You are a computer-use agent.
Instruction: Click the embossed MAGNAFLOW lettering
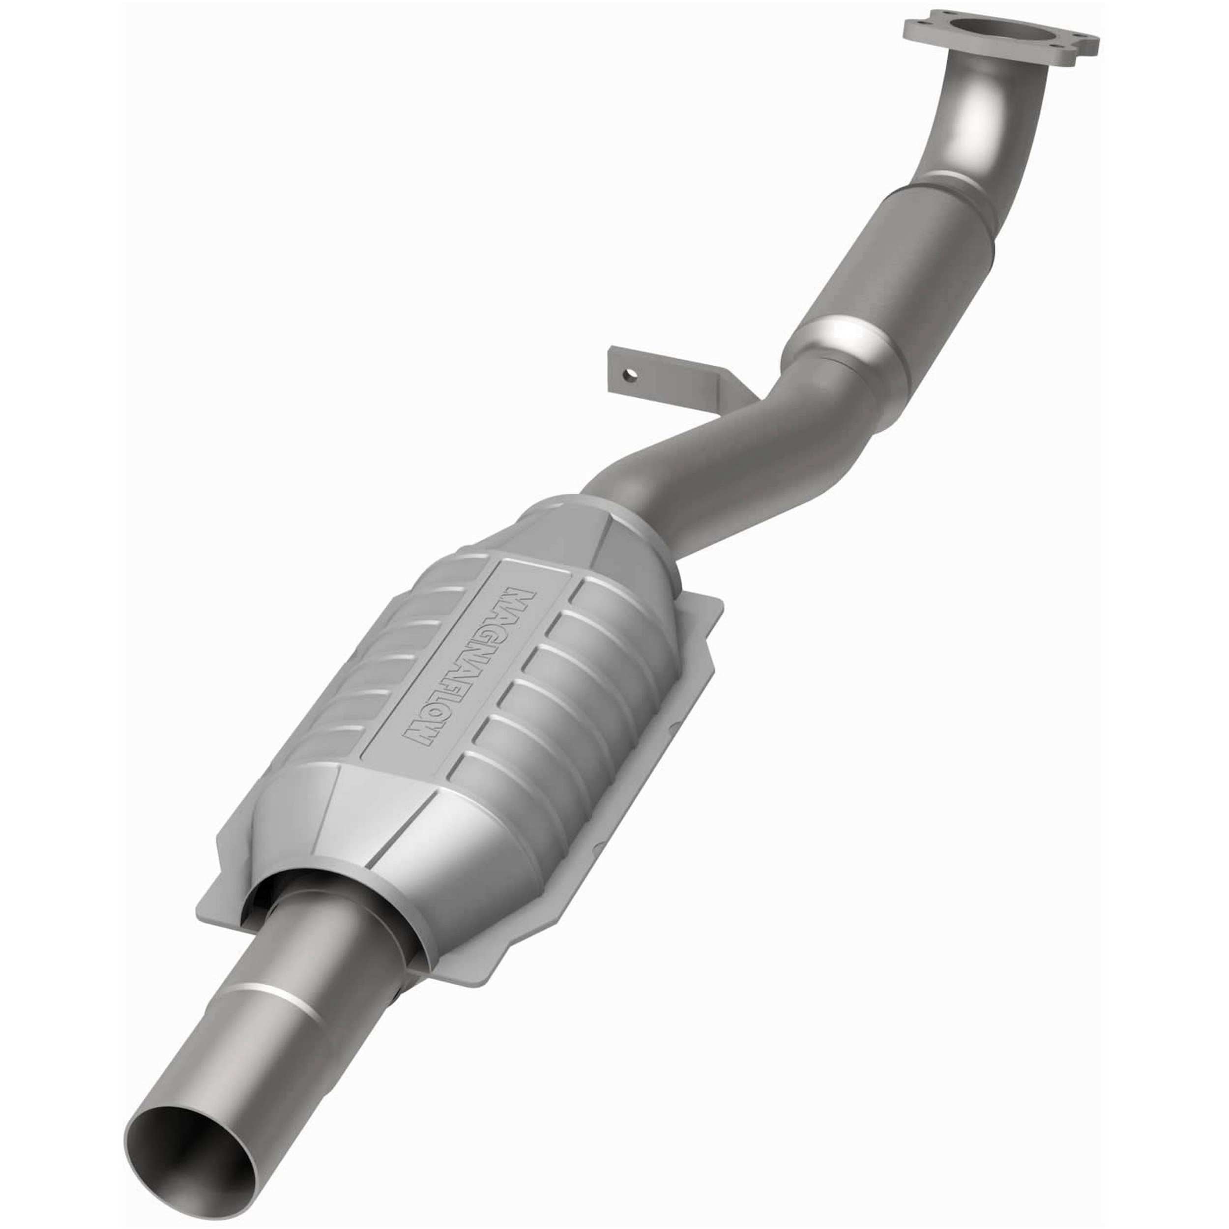468,668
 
